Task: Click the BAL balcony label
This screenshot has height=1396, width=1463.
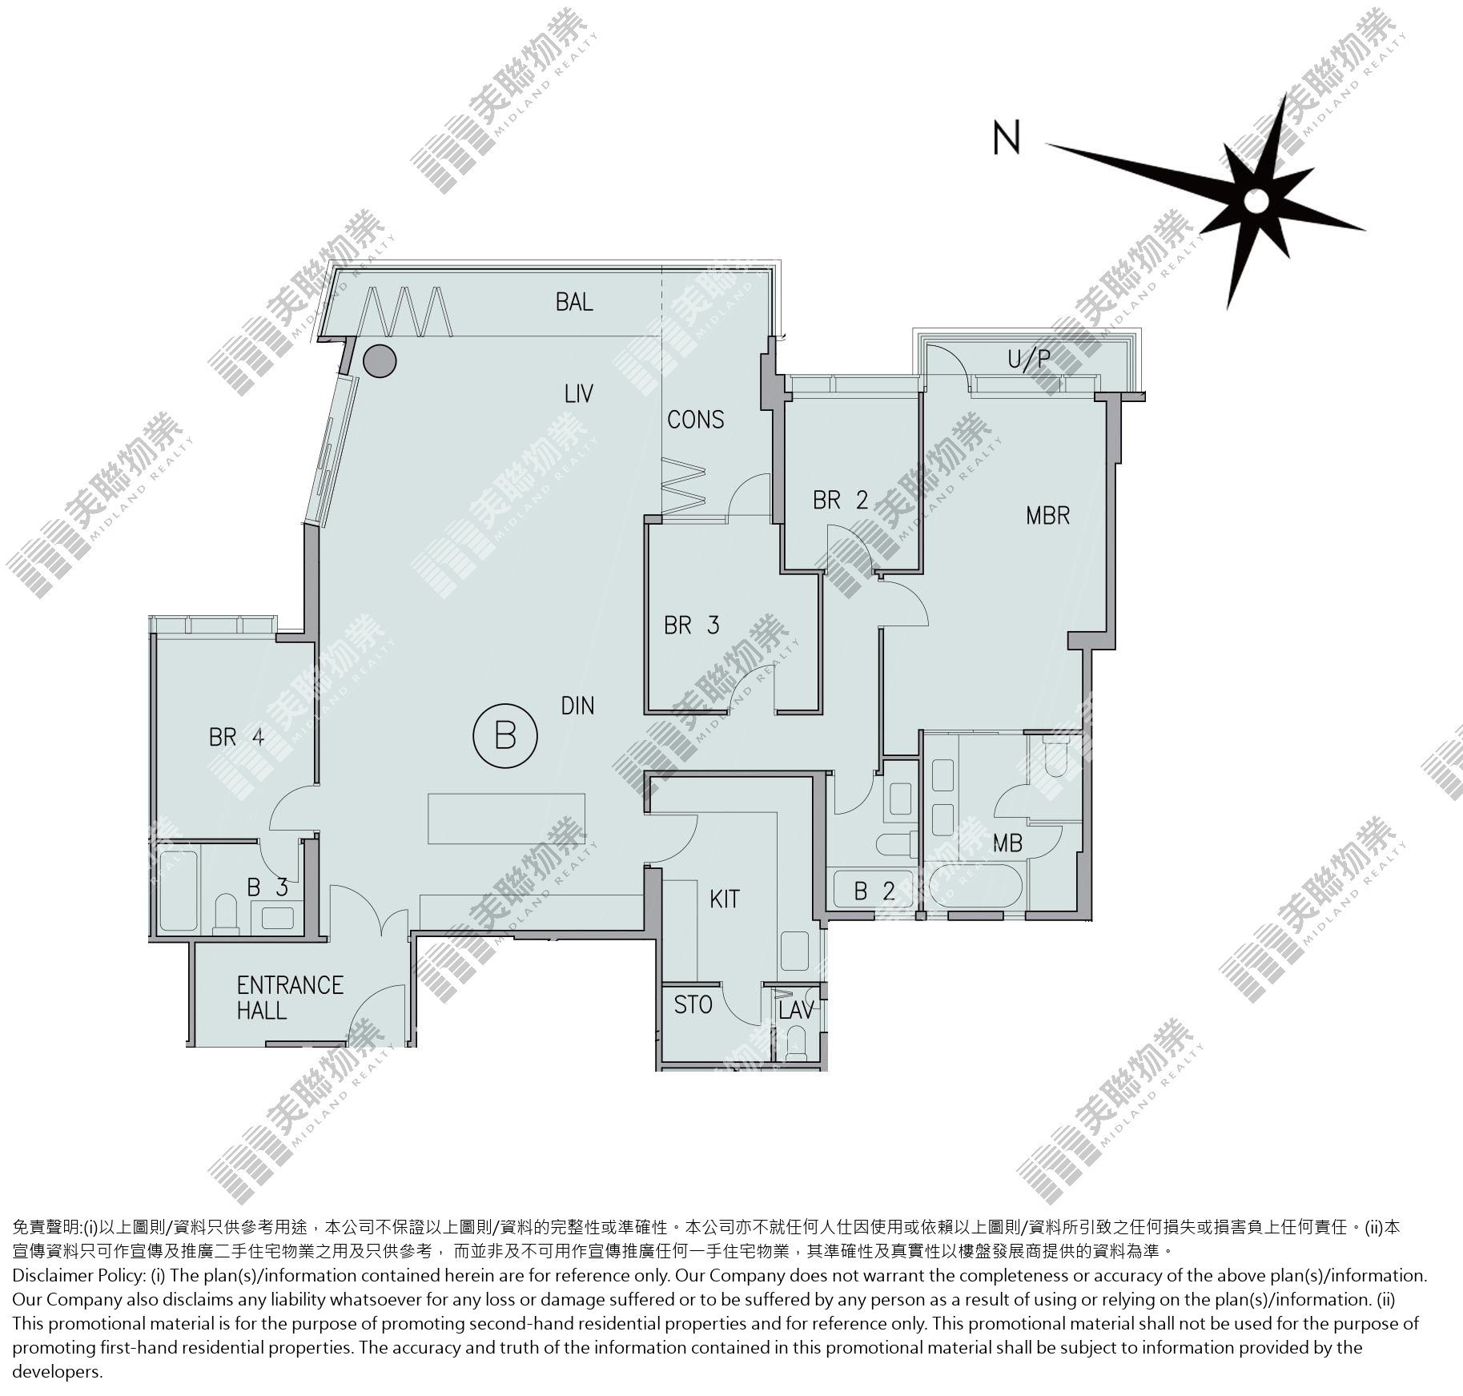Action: [x=574, y=302]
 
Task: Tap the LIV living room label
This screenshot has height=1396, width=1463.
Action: [x=578, y=394]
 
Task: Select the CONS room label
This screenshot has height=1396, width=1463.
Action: [x=696, y=420]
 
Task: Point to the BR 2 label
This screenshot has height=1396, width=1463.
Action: [x=840, y=501]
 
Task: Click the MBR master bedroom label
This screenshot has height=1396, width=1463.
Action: [x=1047, y=515]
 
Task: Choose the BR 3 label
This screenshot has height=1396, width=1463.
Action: [x=692, y=625]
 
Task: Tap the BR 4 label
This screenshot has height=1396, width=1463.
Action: [x=236, y=736]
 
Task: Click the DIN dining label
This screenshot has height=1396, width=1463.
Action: [x=577, y=706]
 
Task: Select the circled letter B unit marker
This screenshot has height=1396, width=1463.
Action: [x=504, y=734]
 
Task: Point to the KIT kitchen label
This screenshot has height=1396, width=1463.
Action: [x=725, y=899]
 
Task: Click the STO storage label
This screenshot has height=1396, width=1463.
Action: [x=693, y=1004]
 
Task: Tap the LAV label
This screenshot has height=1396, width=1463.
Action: [x=796, y=1010]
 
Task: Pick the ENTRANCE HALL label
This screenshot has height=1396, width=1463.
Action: [x=290, y=997]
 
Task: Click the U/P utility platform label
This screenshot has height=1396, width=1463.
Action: [x=1028, y=360]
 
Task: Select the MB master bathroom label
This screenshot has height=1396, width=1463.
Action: [x=1007, y=843]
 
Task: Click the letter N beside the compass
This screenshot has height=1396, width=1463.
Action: [x=1007, y=137]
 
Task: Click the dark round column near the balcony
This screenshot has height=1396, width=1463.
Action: [x=380, y=361]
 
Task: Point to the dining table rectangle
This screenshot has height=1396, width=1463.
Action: [x=506, y=818]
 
